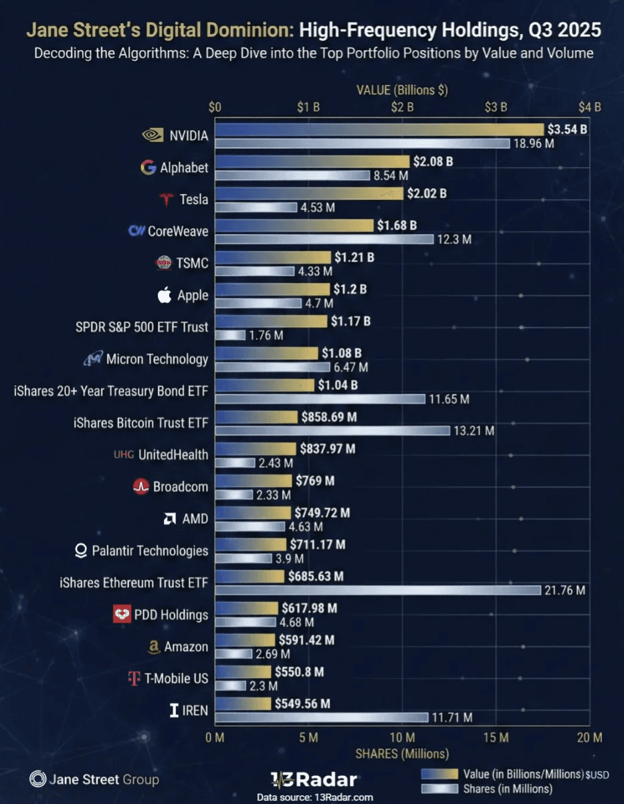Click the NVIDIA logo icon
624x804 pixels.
[153, 135]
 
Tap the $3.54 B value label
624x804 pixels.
[566, 129]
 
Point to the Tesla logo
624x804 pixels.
[166, 199]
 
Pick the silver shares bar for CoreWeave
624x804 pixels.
[324, 239]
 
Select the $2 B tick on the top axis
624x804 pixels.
[402, 107]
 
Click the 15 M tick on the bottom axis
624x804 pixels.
[496, 737]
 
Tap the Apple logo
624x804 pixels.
[165, 295]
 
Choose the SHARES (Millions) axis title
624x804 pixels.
[401, 754]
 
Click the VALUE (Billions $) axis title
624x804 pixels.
[402, 90]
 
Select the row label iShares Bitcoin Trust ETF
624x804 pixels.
[140, 423]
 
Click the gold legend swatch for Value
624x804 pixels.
[441, 774]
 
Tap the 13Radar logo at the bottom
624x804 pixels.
[314, 779]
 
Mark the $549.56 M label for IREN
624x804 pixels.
[302, 704]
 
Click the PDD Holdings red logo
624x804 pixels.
[122, 615]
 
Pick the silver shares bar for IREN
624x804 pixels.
[321, 718]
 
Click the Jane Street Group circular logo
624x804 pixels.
[37, 779]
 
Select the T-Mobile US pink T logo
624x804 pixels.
[134, 678]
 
